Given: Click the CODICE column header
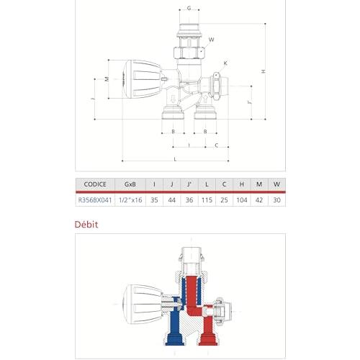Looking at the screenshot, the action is coord(95,184).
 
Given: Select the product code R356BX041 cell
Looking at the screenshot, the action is coord(95,200).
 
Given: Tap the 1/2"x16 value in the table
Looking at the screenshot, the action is coord(130,200).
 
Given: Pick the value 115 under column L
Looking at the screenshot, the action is coord(207,200).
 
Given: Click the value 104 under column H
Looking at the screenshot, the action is coord(242,200).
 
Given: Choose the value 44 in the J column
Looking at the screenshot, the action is coord(172,200).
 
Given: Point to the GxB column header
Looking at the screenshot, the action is coord(130,184).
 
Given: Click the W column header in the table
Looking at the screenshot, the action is coord(276,184).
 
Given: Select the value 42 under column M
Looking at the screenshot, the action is coord(259,200).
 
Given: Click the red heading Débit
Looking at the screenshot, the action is coord(86,225).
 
